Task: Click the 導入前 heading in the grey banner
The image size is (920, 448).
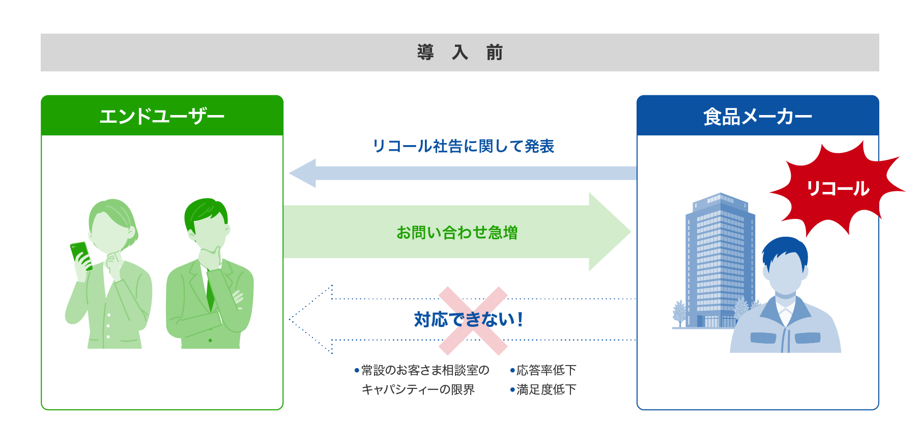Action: [459, 52]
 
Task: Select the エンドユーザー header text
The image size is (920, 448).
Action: [162, 117]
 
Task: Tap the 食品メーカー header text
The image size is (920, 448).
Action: [757, 117]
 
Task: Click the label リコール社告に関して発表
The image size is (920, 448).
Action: [463, 146]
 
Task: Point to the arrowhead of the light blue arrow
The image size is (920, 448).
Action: [303, 173]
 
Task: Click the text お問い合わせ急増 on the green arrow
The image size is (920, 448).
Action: [457, 233]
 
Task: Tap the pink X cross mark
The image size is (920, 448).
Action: [473, 320]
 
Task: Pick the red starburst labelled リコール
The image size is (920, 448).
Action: [837, 188]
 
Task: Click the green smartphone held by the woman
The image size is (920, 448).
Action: [80, 255]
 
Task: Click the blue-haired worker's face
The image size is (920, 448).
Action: [785, 275]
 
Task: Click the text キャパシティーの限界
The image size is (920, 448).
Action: [418, 389]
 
